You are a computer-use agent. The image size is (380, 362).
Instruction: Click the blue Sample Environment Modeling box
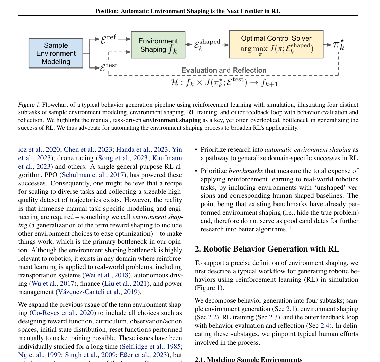[56, 53]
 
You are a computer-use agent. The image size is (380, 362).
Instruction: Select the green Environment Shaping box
[158, 45]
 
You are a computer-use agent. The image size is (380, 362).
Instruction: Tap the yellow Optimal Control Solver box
[276, 44]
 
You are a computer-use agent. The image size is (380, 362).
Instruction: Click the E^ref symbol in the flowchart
[108, 39]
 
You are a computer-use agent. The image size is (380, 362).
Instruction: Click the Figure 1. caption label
[29, 105]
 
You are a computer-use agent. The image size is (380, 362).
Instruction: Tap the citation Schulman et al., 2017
[93, 175]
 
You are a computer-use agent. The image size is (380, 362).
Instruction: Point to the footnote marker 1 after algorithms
[291, 228]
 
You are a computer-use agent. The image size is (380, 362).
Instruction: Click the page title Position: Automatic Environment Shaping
[187, 11]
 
